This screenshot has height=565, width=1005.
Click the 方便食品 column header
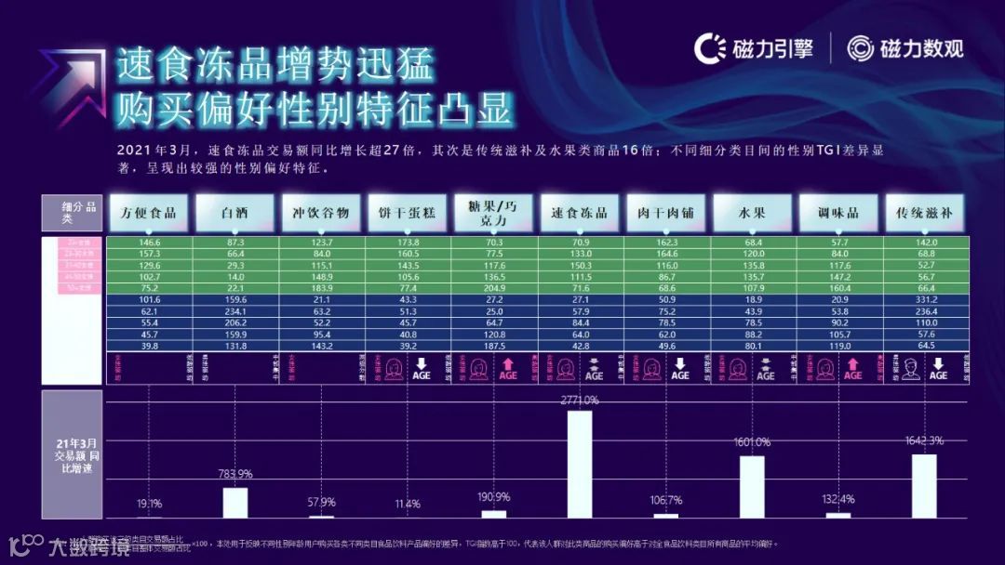coord(149,213)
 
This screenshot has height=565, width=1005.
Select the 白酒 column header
coord(234,213)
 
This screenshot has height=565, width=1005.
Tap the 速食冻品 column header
coord(580,213)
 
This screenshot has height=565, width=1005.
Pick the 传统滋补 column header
coord(924,213)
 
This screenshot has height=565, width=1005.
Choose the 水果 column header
coord(752,213)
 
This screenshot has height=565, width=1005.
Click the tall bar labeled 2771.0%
coord(580,464)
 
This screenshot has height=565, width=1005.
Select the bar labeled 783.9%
coord(235,502)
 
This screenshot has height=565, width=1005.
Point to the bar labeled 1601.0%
coord(752,486)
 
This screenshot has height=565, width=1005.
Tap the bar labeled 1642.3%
coord(924,485)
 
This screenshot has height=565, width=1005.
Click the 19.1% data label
coord(150,503)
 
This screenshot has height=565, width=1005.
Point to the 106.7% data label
coord(666,500)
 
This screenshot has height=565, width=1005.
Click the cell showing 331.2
coord(924,299)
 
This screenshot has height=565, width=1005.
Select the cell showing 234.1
coord(234,311)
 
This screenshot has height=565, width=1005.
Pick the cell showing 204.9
coord(493,288)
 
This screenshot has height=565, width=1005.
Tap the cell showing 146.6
coord(149,242)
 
